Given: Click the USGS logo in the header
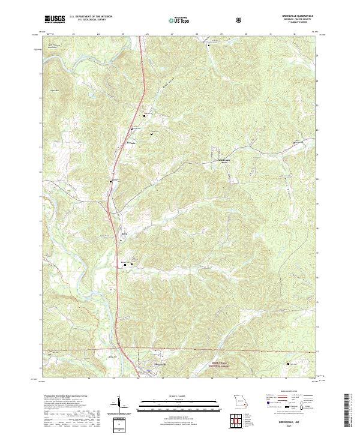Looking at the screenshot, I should [x=55, y=19].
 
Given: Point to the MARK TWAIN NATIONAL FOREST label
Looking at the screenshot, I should [x=220, y=364].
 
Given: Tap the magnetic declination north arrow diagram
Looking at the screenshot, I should [x=118, y=406].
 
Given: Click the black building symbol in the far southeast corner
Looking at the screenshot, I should [x=289, y=362].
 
